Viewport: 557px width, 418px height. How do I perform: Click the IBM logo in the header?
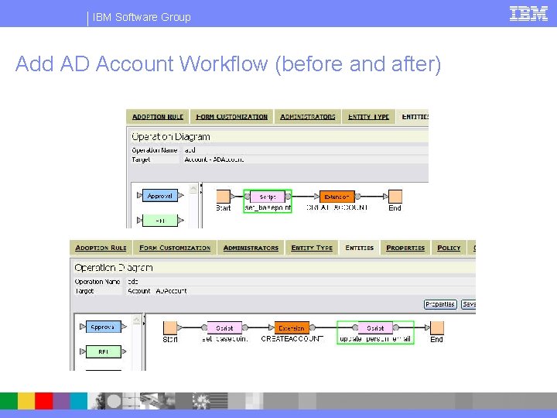coord(528,13)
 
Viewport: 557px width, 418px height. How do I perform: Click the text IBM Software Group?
coord(142,17)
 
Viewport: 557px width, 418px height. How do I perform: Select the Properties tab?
coord(405,248)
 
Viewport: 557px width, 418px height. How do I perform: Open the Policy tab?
coord(449,248)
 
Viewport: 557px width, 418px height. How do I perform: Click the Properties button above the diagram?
coord(440,304)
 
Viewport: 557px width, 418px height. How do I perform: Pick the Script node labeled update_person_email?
coord(375,328)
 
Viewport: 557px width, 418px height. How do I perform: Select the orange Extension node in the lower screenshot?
coord(292,328)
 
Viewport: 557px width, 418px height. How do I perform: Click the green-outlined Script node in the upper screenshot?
coord(268,197)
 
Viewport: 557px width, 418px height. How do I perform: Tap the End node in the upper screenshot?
coord(395,197)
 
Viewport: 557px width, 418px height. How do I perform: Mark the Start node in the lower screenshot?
coord(170,328)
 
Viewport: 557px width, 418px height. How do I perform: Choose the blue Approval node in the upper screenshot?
coord(160,196)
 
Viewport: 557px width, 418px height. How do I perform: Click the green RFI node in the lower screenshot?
coord(103,351)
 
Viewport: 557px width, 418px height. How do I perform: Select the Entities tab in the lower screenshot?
coord(359,248)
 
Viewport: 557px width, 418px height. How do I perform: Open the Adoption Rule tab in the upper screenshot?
coord(158,117)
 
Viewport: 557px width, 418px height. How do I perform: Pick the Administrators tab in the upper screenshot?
coord(308,117)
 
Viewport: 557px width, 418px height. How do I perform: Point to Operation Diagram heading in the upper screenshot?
coord(171,136)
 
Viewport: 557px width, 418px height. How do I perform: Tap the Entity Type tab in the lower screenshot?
coord(312,248)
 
